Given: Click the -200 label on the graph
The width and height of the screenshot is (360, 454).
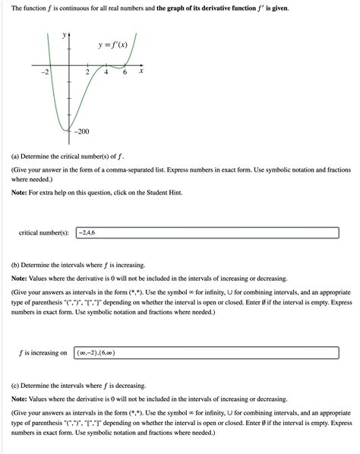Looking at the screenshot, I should [x=82, y=131].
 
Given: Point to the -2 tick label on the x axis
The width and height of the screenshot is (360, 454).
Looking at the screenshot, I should [x=44, y=71].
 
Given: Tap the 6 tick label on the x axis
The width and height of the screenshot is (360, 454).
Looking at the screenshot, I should [x=125, y=72].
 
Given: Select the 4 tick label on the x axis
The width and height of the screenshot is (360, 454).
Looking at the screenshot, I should [x=106, y=72].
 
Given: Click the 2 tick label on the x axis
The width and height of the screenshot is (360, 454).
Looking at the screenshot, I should [x=87, y=72].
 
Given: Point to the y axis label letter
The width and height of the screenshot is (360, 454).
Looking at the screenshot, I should [x=64, y=35].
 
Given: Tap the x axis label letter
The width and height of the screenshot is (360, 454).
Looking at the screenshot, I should [x=141, y=71].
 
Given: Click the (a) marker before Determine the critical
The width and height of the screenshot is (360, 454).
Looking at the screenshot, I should [x=16, y=157].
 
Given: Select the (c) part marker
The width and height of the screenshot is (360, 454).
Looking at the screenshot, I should [x=16, y=386].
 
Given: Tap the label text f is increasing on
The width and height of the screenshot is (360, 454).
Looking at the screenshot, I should [x=43, y=353].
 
